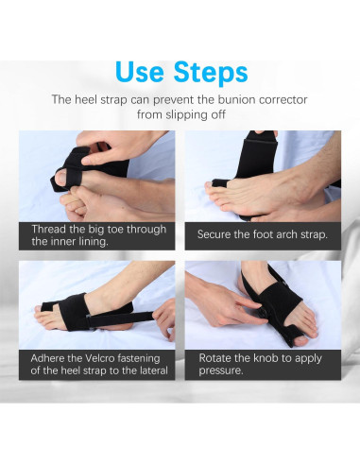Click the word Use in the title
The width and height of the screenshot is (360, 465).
tap(140, 72)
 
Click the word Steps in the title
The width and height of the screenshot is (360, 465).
tap(211, 74)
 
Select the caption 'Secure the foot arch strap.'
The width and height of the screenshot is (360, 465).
tap(263, 234)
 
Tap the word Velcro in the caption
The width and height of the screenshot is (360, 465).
tap(99, 358)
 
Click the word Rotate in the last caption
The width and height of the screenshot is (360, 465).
tap(215, 358)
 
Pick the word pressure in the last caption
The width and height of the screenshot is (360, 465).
tap(220, 370)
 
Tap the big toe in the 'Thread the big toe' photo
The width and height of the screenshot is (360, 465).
tap(65, 177)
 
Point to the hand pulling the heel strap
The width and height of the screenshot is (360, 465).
tap(163, 319)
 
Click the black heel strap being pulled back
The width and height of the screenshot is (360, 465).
tap(120, 319)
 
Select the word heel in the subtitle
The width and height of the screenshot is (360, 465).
tap(86, 99)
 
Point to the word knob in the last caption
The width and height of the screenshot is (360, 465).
tap(266, 358)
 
